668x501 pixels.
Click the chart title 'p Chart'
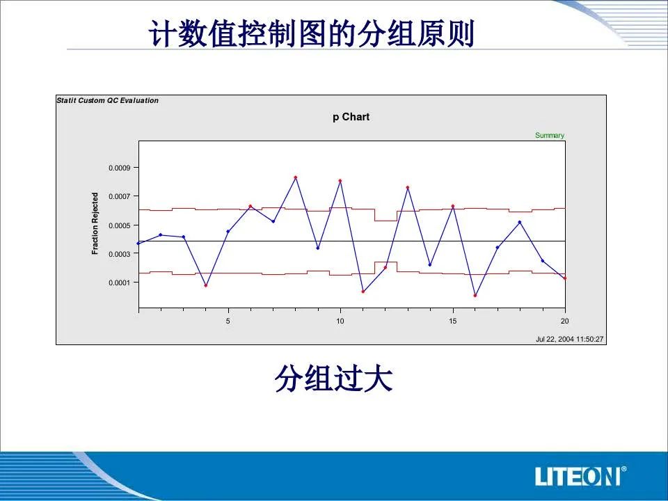351,117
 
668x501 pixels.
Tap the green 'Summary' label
550,135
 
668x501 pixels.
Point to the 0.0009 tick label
119,168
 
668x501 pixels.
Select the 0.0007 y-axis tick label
119,196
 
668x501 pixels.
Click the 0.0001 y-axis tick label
119,283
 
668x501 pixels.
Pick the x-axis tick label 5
228,321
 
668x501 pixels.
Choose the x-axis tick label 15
452,321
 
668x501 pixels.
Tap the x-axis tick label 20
564,321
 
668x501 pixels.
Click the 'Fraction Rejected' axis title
95,223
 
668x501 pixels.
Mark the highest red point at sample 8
295,177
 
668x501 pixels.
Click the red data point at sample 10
340,181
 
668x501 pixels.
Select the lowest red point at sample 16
475,295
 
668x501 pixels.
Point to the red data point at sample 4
206,285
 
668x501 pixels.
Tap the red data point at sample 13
408,187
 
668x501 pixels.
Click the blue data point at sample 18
520,222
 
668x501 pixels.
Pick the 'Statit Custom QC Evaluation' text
107,100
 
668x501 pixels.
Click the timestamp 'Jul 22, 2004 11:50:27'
570,339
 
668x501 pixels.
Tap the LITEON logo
580,476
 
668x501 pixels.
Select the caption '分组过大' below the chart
333,379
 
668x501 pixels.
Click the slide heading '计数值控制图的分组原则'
312,33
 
